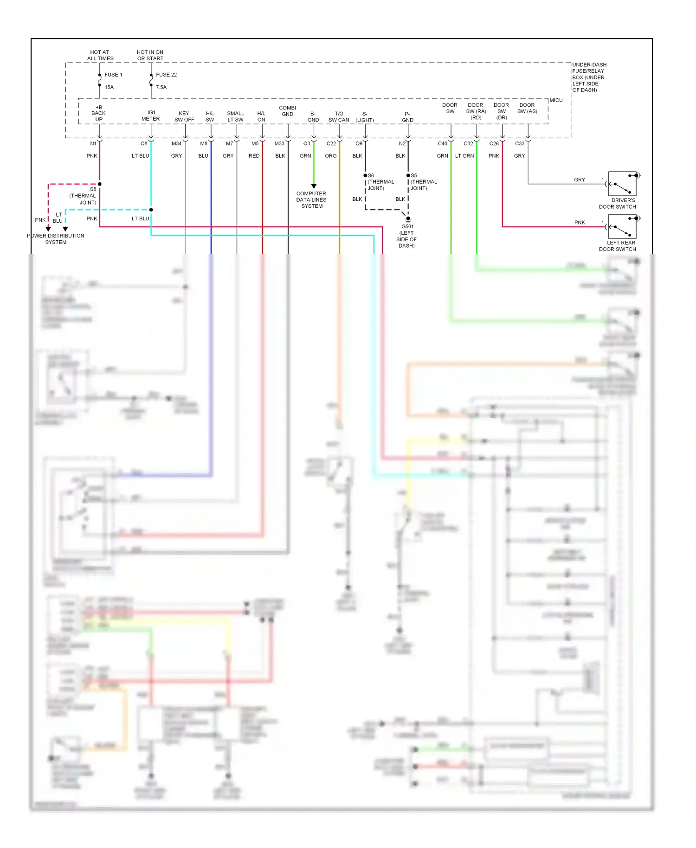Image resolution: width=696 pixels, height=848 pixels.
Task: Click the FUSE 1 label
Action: pyautogui.click(x=113, y=75)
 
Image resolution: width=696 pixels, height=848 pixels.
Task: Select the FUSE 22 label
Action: pyautogui.click(x=166, y=75)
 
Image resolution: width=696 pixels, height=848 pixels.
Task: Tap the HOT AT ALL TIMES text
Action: pyautogui.click(x=100, y=55)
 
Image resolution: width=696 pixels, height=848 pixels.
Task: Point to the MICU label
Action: pyautogui.click(x=556, y=100)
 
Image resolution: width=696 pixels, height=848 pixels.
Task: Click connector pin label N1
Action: pyautogui.click(x=93, y=144)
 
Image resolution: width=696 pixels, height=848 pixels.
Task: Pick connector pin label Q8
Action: pyautogui.click(x=144, y=144)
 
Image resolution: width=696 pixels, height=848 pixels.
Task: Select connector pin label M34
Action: pyautogui.click(x=176, y=144)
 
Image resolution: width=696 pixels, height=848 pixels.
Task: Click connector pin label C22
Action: pyautogui.click(x=331, y=144)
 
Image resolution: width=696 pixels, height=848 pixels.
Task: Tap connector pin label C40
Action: pyautogui.click(x=442, y=144)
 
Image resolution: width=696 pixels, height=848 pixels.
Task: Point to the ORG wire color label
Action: pyautogui.click(x=330, y=156)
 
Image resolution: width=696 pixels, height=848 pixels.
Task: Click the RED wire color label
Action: pyautogui.click(x=254, y=156)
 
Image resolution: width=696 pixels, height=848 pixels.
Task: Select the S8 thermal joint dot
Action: pyautogui.click(x=100, y=184)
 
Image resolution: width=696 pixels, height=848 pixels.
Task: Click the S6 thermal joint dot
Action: pyautogui.click(x=365, y=175)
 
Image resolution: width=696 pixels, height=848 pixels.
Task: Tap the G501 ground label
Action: pyautogui.click(x=407, y=227)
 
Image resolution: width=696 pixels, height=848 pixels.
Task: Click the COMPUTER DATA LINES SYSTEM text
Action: pyautogui.click(x=311, y=200)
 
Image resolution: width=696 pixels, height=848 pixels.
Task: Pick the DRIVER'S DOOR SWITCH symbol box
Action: pyautogui.click(x=622, y=184)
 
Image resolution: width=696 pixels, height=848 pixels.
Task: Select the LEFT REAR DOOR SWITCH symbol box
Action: pyautogui.click(x=622, y=226)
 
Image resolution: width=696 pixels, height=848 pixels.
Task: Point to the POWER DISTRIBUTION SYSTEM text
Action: pyautogui.click(x=56, y=239)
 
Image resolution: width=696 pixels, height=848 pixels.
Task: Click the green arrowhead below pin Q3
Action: pyautogui.click(x=314, y=186)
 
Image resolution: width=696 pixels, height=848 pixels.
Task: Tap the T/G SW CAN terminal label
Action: pyautogui.click(x=339, y=117)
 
